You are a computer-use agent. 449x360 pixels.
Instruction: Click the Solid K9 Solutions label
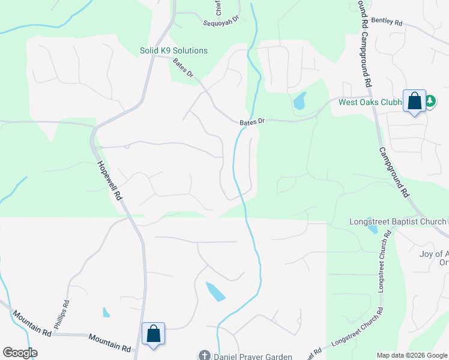tap(173, 50)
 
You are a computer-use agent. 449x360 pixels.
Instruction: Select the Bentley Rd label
tap(387, 21)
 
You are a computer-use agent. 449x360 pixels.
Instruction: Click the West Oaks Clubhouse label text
tap(370, 102)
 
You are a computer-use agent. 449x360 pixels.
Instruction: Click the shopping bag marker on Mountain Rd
tap(153, 334)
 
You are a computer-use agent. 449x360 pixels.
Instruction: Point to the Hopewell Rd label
tap(110, 180)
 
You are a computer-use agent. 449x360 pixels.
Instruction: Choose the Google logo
tap(20, 353)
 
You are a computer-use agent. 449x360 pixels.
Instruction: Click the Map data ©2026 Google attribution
tap(411, 355)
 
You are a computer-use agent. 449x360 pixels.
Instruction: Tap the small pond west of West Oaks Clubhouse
tap(300, 101)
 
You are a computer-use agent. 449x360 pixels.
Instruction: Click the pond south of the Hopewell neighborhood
tap(215, 292)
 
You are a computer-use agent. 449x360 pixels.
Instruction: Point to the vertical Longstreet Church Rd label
tap(381, 264)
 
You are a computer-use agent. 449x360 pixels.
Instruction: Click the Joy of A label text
tap(432, 254)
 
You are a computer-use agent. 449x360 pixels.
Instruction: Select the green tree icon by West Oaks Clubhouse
tap(430, 102)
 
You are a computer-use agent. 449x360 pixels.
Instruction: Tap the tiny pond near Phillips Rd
tap(106, 312)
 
